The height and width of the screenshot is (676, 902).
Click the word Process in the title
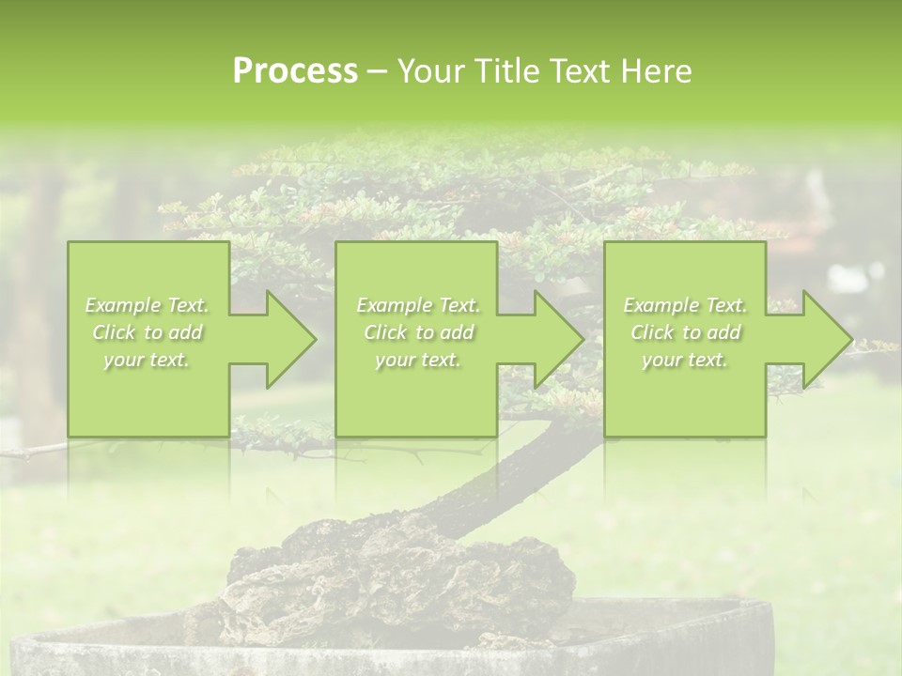[295, 71]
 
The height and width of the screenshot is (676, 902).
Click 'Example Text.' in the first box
[147, 305]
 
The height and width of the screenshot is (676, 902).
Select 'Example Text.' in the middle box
[418, 305]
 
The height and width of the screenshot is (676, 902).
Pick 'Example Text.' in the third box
[685, 305]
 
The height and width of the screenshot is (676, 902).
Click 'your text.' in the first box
[147, 360]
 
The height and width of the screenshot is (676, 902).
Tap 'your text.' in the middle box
[418, 360]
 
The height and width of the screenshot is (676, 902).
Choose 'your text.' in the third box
[685, 360]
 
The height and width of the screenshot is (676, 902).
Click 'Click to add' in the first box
[147, 332]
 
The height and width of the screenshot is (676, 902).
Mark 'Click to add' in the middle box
[418, 332]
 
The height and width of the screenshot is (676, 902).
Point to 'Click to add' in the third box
[685, 332]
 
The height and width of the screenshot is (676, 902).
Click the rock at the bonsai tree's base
[395, 573]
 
